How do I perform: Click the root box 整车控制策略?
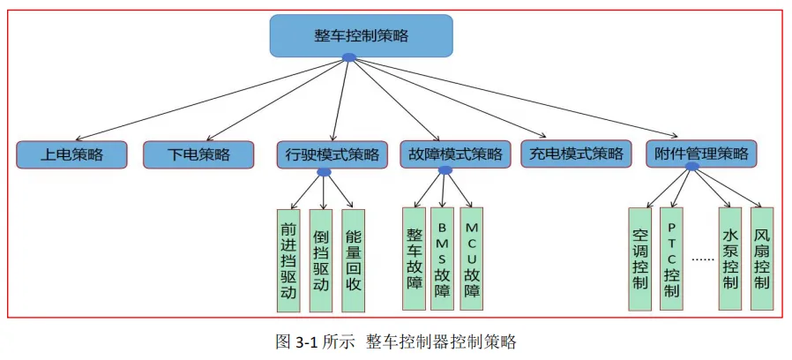[x=361, y=36]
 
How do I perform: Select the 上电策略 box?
[x=72, y=155]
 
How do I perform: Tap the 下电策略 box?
[x=199, y=155]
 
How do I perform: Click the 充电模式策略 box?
[x=577, y=155]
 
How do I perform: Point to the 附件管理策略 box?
[x=702, y=155]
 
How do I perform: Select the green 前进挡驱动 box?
[x=288, y=260]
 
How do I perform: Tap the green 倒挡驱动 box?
[x=321, y=260]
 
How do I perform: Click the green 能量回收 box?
[x=353, y=260]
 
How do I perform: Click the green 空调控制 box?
[x=641, y=259]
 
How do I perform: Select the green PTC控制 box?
[x=671, y=259]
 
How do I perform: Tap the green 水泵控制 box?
[x=730, y=259]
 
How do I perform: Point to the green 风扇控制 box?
[x=762, y=259]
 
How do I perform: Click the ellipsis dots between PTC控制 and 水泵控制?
[x=701, y=260]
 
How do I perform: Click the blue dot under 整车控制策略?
[x=349, y=58]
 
